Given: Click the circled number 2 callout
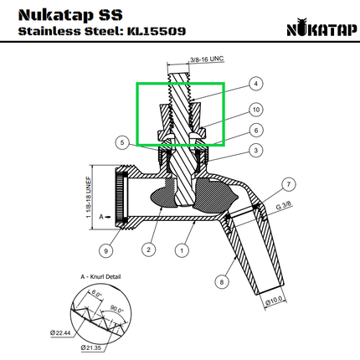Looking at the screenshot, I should (x=148, y=249).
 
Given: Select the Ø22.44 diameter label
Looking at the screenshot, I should (x=63, y=333).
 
